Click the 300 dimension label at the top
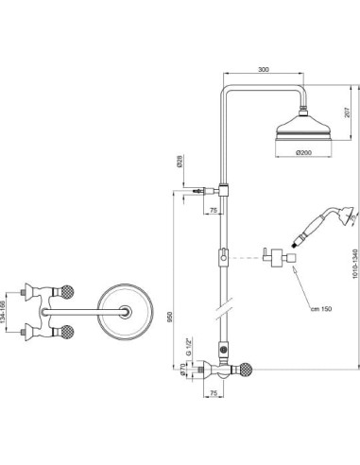point(264,69)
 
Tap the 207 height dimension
point(347,112)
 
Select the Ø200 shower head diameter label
point(303,152)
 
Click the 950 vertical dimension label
point(170,317)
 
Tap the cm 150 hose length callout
point(321,309)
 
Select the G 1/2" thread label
point(188,347)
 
